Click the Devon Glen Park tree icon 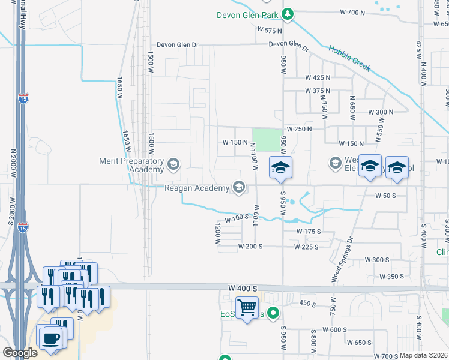click(x=288, y=13)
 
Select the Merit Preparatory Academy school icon click(x=173, y=164)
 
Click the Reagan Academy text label click(x=197, y=188)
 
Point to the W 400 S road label click(x=243, y=289)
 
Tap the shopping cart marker click(x=247, y=308)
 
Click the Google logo click(x=20, y=353)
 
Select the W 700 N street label click(x=352, y=12)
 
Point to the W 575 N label click(x=269, y=30)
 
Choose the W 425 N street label click(x=318, y=78)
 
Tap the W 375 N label click(x=318, y=91)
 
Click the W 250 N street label click(x=299, y=129)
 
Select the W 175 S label click(x=309, y=231)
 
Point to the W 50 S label click(x=387, y=196)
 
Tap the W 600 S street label click(x=334, y=329)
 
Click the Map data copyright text click(x=423, y=355)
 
